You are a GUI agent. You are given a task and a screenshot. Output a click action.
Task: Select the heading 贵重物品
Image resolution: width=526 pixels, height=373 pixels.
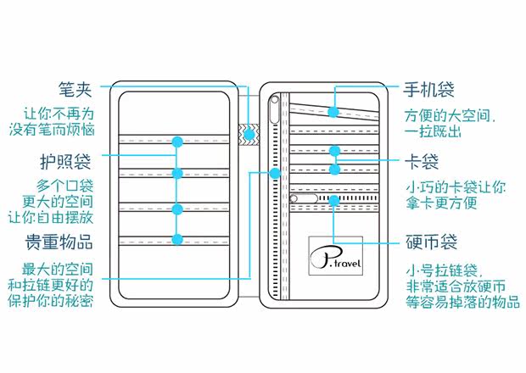click(x=59, y=241)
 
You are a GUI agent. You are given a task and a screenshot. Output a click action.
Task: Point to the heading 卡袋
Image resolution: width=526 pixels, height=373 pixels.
click(x=422, y=160)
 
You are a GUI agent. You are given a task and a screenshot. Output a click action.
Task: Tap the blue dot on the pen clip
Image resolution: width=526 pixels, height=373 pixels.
click(x=249, y=134)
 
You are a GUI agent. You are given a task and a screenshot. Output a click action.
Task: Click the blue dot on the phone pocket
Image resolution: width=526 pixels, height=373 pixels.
click(x=334, y=111)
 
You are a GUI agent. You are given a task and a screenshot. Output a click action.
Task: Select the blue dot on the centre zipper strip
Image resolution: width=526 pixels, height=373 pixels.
click(x=274, y=173)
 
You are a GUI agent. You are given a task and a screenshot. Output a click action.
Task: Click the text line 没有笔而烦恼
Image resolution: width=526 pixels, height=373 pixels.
click(x=59, y=130)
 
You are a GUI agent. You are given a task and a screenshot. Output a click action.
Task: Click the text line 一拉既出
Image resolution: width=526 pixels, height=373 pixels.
click(x=435, y=131)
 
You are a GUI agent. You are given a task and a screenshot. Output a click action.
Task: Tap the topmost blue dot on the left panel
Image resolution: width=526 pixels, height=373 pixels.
click(x=177, y=141)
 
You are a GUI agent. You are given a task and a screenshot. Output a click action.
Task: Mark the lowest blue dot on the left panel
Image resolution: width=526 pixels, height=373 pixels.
click(x=177, y=240)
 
